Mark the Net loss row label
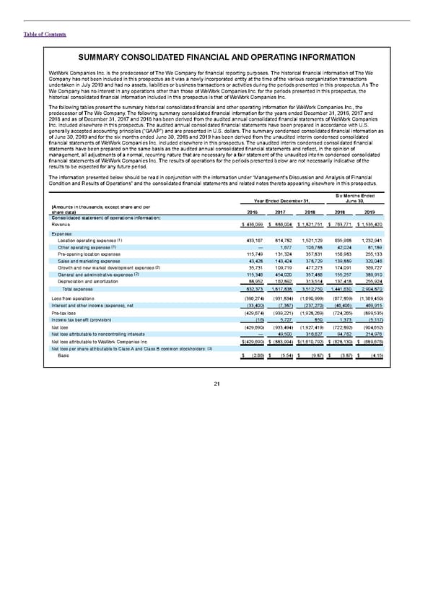click(61, 324)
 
